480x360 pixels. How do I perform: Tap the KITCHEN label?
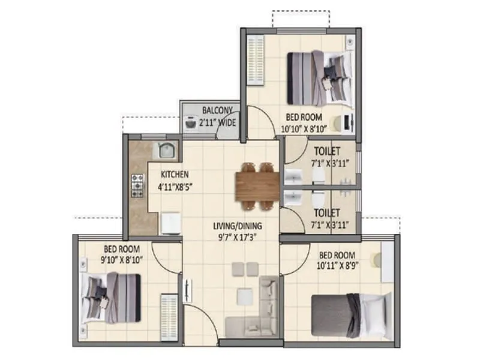(x=174, y=175)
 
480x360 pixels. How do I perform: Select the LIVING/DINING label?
(x=238, y=226)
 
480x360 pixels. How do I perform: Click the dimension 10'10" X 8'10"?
(x=310, y=128)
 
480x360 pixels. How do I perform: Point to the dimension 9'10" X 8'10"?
(x=122, y=260)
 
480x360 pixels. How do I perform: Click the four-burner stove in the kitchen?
(x=137, y=186)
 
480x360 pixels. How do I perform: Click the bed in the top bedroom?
(x=319, y=77)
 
